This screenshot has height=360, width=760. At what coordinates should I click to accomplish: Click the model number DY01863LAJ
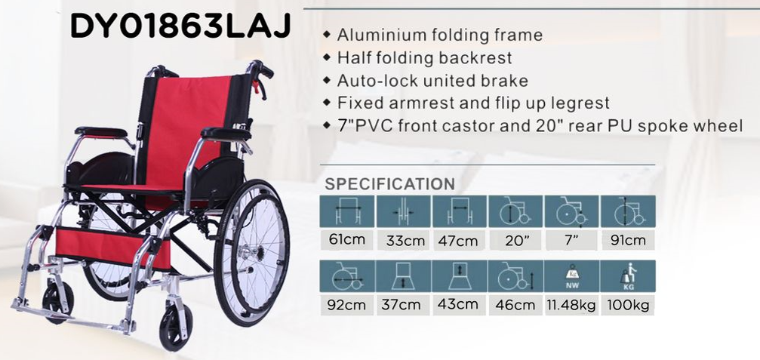pos(180,26)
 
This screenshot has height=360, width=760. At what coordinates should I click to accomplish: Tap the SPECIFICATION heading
pos(389,184)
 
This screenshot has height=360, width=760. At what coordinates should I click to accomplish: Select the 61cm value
pos(346,239)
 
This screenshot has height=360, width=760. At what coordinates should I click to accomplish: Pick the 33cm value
pos(403,240)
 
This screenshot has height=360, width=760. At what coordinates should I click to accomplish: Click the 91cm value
pos(628,240)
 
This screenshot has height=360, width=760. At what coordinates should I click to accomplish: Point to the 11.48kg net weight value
pos(572,306)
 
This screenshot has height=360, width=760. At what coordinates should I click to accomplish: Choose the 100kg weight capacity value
pos(628,306)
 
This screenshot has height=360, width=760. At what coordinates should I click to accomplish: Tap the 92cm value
pos(346,306)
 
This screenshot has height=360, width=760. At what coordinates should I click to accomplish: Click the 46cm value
pos(515,305)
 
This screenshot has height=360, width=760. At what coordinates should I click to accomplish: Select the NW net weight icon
pos(572,276)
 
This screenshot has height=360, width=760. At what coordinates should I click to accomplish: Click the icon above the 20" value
pos(515,211)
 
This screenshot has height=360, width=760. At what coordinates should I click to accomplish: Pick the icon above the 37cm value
pos(403,276)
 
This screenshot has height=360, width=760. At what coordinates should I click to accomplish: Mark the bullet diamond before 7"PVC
pos(327,125)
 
